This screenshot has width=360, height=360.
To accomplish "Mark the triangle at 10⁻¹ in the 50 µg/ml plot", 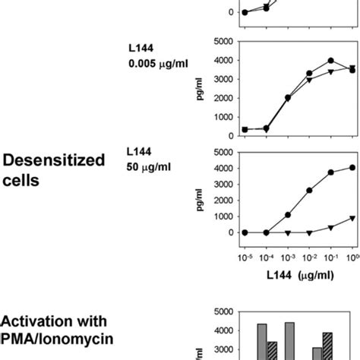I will tap(331, 227).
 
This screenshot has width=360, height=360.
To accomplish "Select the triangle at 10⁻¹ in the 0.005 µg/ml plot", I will tap(331, 71).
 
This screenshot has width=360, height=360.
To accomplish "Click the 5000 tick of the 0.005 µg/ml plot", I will tap(224, 41).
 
